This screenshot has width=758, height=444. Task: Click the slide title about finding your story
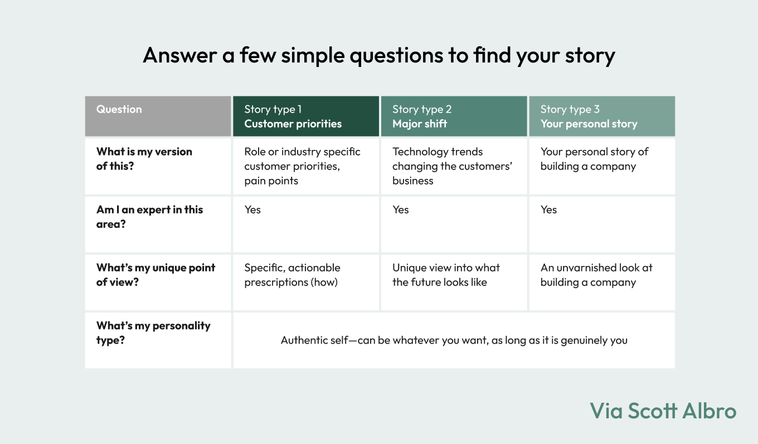[x=378, y=55]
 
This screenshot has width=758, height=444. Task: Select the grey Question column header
[x=158, y=116]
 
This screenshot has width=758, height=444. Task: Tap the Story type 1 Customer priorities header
[x=306, y=116]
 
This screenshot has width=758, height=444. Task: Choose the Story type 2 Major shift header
[x=454, y=116]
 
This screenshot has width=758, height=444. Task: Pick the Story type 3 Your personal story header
[x=602, y=116]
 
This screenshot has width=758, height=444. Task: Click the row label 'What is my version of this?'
[x=144, y=159]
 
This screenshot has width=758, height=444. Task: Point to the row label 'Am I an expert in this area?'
[x=149, y=217]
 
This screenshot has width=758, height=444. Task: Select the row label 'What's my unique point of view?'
[x=156, y=274]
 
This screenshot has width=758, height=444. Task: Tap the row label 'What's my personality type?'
[x=153, y=332]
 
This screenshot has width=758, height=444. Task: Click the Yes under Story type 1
[x=252, y=210]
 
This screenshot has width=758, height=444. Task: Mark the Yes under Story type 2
[x=401, y=210]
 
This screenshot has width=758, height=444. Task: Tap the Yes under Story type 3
[x=548, y=210]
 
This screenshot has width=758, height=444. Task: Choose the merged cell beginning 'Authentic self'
[x=454, y=340]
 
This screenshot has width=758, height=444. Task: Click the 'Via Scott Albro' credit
[x=663, y=411]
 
